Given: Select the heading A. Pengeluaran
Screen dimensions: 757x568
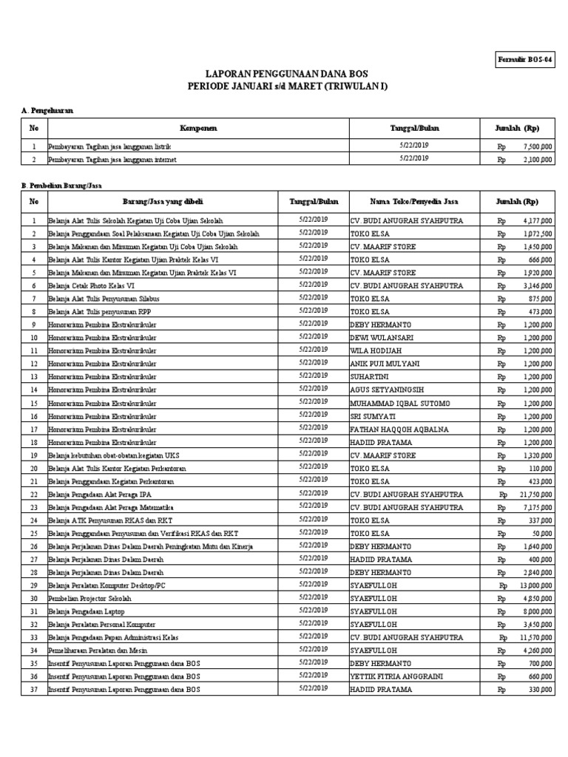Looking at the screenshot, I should pyautogui.click(x=47, y=110).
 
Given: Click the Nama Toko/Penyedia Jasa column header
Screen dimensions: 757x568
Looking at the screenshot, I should pyautogui.click(x=414, y=201).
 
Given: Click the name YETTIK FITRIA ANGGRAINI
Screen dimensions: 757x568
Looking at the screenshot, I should pyautogui.click(x=397, y=676).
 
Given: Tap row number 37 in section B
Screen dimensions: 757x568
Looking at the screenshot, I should pyautogui.click(x=33, y=689).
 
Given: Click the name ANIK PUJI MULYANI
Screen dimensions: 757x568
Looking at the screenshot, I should pyautogui.click(x=385, y=364).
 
